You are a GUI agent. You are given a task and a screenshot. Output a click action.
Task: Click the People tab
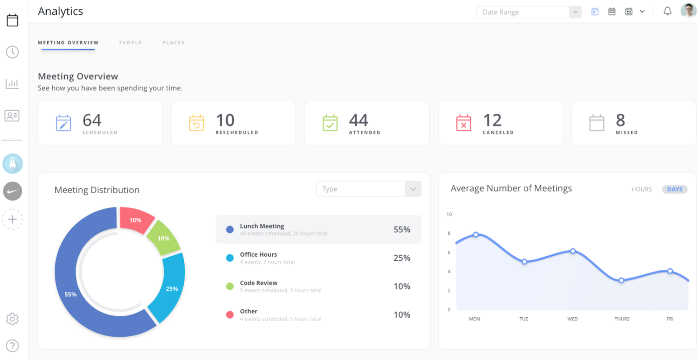pos(130,43)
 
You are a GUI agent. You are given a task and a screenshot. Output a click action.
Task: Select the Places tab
pos(173,43)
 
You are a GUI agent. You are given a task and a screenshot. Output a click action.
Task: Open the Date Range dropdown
pos(528,12)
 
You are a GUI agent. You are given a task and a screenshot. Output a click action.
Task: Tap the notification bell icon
pos(667,11)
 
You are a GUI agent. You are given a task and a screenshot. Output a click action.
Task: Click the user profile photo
pos(688,10)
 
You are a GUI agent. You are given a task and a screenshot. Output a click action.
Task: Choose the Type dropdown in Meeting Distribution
pos(368,189)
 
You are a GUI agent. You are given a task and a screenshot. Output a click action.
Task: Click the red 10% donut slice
pos(135,220)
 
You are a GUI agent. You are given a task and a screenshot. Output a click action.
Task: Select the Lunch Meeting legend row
pos(318,229)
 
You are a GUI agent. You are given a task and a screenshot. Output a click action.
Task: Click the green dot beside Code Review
pos(230,286)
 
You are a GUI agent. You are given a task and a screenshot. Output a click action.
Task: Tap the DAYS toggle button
pos(674,189)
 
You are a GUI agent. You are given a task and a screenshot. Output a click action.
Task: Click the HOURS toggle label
pos(641,189)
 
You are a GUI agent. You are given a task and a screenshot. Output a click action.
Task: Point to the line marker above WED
pos(573,251)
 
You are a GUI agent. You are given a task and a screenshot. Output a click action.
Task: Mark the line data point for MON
pos(476,234)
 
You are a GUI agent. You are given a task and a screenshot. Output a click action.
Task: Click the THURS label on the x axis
pos(622,319)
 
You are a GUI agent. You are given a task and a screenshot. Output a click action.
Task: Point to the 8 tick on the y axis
pos(449,234)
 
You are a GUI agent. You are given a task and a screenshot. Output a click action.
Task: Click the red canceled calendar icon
pos(464,123)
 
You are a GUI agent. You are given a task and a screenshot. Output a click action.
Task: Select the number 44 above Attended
pos(359,120)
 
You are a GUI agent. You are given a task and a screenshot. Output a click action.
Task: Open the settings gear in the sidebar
pos(12,319)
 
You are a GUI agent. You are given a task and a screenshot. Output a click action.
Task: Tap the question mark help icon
pos(12,346)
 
